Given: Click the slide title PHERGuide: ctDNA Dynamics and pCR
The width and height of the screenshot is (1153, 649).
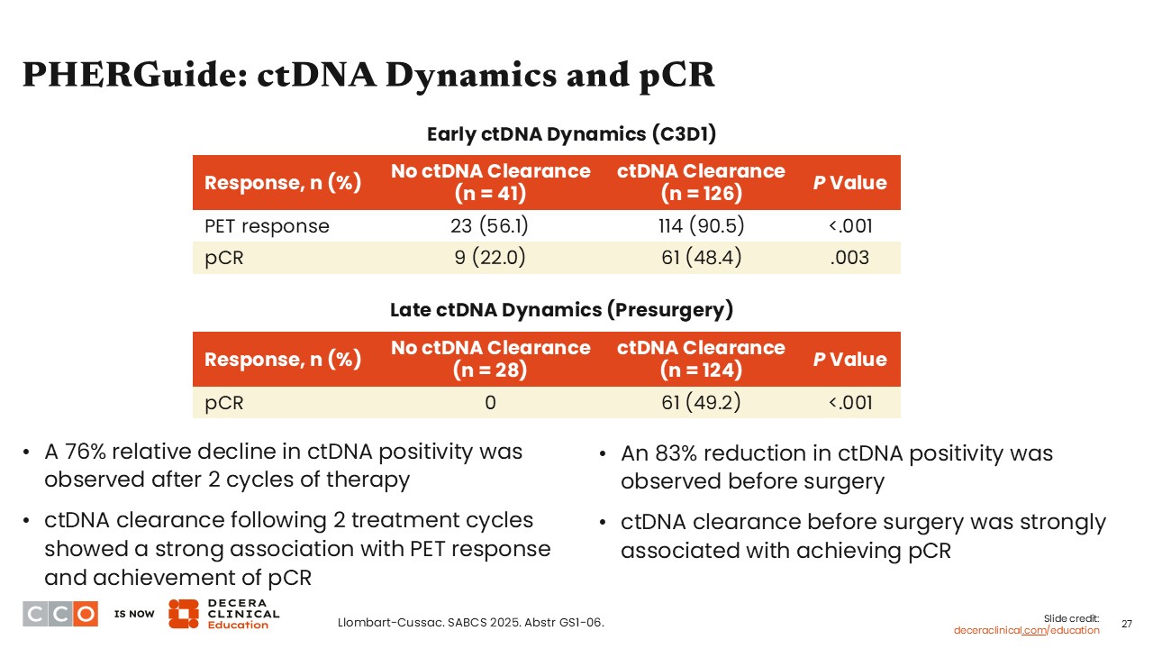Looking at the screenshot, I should click(x=368, y=76).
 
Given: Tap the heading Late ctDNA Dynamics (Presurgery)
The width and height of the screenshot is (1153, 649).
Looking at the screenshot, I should click(x=561, y=310).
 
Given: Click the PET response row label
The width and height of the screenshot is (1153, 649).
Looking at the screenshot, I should click(x=268, y=226).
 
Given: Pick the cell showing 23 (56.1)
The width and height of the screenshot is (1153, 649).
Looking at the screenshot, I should click(x=490, y=226).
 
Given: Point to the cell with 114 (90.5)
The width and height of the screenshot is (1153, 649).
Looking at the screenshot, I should click(x=701, y=226).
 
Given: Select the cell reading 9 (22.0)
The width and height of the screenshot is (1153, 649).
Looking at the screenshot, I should click(x=490, y=258).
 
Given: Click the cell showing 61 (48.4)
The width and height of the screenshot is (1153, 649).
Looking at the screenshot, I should click(x=701, y=258).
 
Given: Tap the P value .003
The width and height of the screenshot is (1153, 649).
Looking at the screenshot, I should click(x=850, y=258).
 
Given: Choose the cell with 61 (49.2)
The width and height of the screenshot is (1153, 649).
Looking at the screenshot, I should click(x=701, y=402).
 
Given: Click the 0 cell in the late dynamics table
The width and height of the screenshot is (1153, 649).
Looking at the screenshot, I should click(x=490, y=402).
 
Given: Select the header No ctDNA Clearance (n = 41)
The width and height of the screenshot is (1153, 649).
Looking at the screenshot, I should click(x=490, y=182).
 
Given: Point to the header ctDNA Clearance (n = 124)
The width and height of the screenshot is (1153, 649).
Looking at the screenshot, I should click(x=701, y=359).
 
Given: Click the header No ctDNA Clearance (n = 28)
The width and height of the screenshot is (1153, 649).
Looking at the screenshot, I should click(x=490, y=359).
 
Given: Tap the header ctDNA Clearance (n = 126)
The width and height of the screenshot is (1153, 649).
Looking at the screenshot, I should click(x=701, y=182).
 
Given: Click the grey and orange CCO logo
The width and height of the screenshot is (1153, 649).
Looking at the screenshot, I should click(x=60, y=613).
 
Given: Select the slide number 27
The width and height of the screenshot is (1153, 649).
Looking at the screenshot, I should click(x=1126, y=623).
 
